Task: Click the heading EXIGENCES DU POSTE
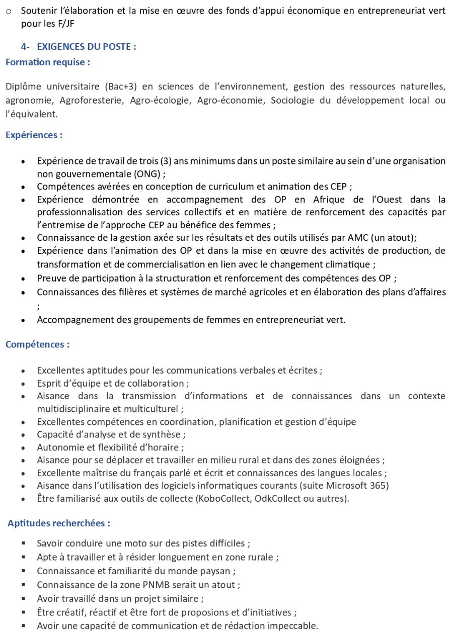tap(86, 47)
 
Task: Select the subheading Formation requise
tap(48, 62)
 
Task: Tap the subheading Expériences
tap(34, 135)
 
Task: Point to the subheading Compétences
tap(37, 344)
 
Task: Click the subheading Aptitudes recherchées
tap(59, 523)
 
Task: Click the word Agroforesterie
tap(91, 100)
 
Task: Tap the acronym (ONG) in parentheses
tap(148, 174)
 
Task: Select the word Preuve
tap(51, 278)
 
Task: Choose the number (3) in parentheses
tap(166, 161)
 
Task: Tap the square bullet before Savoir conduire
tap(24, 543)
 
